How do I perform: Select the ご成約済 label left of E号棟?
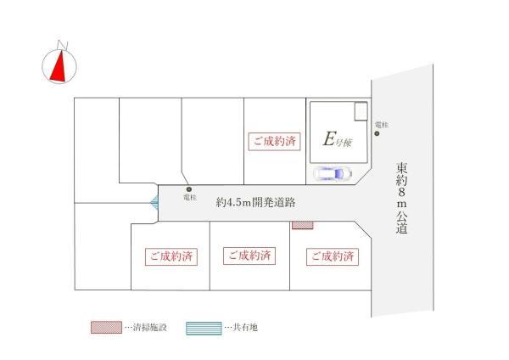274,142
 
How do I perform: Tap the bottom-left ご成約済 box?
171,256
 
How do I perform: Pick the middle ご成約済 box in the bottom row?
249,255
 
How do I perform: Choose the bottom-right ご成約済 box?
331,256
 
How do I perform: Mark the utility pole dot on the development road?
189,189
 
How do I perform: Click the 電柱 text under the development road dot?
189,199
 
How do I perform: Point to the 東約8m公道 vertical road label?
401,199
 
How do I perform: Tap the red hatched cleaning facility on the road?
302,225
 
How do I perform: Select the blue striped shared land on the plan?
154,203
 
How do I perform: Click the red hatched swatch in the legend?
105,326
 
